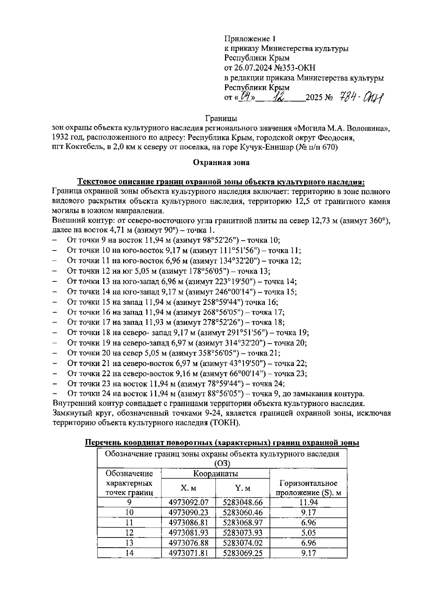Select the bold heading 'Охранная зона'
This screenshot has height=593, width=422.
[221, 162]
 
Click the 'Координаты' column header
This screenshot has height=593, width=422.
[215, 474]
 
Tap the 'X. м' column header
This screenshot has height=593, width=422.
[188, 488]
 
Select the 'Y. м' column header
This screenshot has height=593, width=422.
[243, 488]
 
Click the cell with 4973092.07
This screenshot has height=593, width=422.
[188, 502]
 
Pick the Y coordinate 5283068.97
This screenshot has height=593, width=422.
[243, 523]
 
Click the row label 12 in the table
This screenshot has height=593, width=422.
[129, 533]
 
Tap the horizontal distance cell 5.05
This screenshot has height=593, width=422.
[308, 533]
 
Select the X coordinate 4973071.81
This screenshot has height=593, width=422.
[188, 553]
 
